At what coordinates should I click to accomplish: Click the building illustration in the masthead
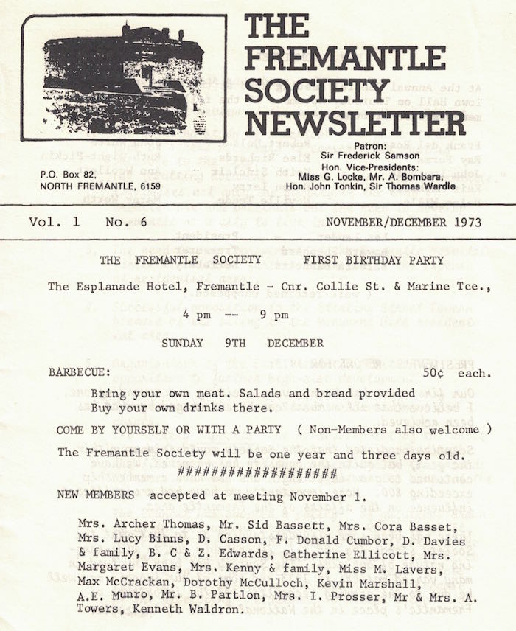coord(124,77)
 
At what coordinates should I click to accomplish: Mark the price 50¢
coord(437,373)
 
